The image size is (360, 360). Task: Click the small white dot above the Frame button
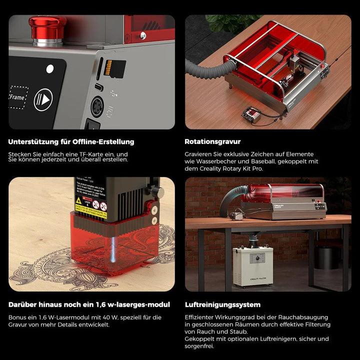[49, 69]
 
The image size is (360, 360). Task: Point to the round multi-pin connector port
[97, 106]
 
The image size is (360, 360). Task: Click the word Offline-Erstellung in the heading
[100, 142]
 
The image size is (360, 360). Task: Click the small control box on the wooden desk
[250, 114]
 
